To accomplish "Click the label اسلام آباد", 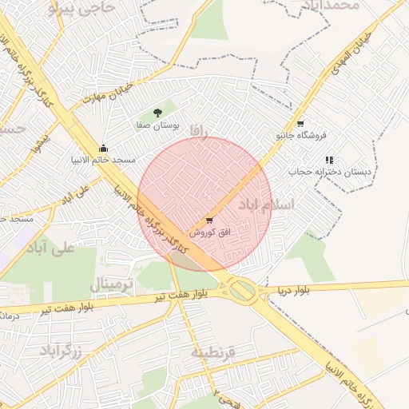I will [x=266, y=205].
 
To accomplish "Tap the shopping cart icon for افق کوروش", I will [x=209, y=220].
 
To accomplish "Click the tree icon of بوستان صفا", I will [x=157, y=113].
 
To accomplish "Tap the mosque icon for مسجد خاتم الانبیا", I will [x=103, y=148].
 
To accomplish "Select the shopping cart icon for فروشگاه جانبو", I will [x=300, y=124].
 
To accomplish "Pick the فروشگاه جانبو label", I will [x=302, y=136].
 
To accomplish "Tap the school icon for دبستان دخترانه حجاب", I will [x=329, y=160].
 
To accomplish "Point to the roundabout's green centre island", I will [x=244, y=291].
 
